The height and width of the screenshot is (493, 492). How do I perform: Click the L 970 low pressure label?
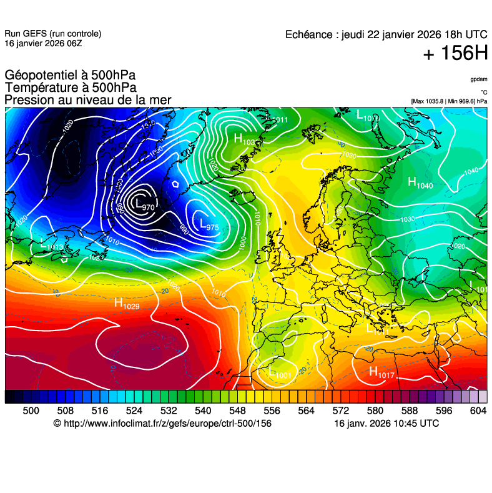tap(144, 204)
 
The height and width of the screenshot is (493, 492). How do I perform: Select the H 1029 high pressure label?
tap(127, 304)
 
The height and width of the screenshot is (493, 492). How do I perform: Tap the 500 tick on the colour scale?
tap(31, 410)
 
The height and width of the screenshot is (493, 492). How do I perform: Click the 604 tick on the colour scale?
tap(478, 410)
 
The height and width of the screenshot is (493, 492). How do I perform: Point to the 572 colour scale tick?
tap(340, 410)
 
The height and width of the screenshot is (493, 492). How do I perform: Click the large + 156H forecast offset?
tap(455, 54)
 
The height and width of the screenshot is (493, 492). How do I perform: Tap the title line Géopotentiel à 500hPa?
tap(70, 76)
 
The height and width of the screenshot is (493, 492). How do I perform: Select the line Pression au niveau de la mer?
tap(87, 100)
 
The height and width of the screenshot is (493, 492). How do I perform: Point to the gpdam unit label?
tap(479, 79)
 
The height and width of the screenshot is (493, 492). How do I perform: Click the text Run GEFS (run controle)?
tap(52, 34)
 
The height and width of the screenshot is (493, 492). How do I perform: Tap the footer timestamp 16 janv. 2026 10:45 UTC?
tap(386, 424)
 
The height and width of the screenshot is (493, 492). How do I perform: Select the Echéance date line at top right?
tap(386, 35)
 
